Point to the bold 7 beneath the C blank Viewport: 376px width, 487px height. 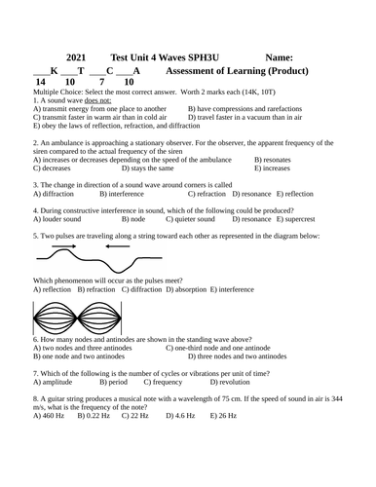point(101,84)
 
